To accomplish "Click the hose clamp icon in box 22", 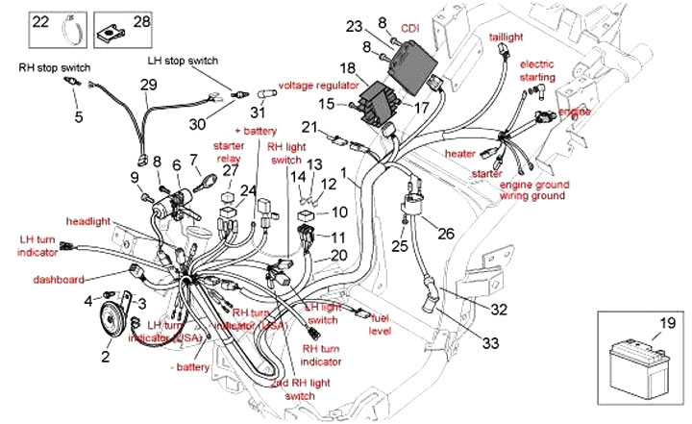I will (x=70, y=22).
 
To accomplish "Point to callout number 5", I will (x=79, y=118).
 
